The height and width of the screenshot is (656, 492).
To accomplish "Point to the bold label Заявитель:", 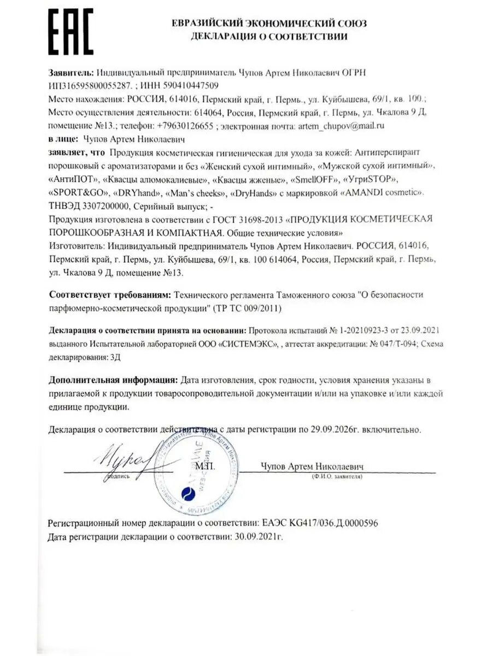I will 71,72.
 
